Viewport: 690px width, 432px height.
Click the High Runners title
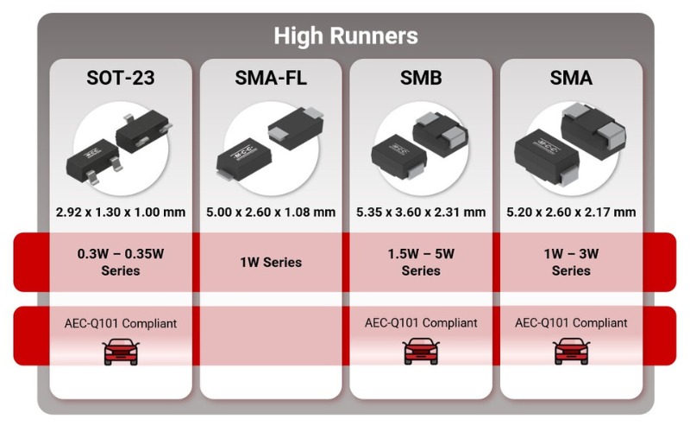coord(345,35)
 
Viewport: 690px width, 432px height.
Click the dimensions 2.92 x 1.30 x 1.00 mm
coord(120,212)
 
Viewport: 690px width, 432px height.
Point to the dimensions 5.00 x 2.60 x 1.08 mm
coord(271,212)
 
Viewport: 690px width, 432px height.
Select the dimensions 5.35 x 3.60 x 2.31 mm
coord(421,212)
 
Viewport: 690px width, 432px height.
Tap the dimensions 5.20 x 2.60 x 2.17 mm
coord(571,212)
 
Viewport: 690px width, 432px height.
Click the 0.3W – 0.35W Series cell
coord(120,262)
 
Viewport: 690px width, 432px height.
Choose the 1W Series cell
coord(271,262)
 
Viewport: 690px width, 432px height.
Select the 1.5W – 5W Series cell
coord(421,262)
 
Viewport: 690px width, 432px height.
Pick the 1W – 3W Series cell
coord(571,262)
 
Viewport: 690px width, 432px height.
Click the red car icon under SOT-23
coord(120,351)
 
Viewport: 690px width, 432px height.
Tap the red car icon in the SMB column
coord(421,351)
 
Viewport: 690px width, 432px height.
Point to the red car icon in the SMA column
coord(571,351)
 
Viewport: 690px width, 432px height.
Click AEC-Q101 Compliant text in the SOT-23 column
coord(120,323)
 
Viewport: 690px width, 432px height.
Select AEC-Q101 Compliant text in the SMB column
coord(421,323)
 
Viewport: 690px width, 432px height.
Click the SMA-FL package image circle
coord(271,148)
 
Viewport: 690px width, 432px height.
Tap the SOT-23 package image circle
coord(120,148)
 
